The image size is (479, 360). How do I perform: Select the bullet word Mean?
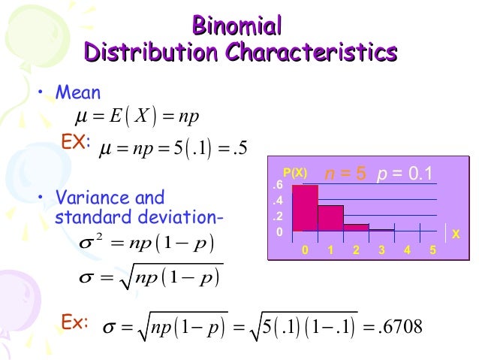78,93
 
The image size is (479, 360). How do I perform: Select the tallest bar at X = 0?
305,208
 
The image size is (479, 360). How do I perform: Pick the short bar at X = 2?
357,227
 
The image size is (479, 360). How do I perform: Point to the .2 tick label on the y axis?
278,216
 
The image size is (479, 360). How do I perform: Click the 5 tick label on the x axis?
433,250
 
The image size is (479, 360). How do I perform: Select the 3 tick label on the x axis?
382,250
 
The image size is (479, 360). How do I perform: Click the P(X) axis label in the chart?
295,174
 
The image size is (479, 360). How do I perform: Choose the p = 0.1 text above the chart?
405,174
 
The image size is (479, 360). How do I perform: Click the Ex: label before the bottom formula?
74,323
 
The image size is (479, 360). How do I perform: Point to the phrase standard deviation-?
140,218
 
